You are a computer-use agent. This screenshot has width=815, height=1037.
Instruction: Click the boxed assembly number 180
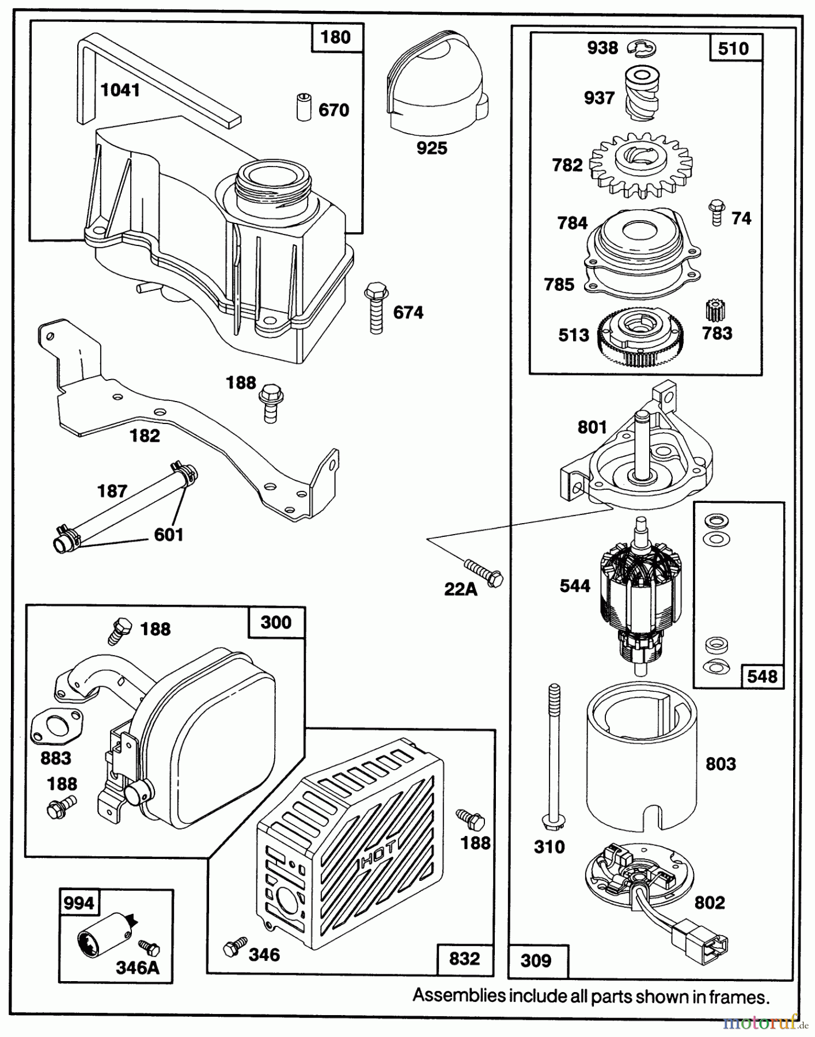[335, 37]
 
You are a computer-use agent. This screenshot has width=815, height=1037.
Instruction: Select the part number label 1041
[120, 90]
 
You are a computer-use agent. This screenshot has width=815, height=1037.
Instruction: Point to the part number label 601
[169, 535]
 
